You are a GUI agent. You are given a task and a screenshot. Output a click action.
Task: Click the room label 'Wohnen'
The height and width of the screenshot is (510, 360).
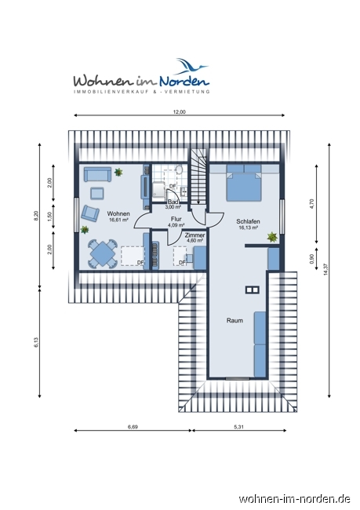(x=118, y=213)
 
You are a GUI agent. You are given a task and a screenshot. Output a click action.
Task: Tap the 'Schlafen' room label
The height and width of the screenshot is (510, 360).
(x=248, y=221)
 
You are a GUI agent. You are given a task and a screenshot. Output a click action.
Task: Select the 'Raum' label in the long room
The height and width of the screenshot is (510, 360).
(x=235, y=320)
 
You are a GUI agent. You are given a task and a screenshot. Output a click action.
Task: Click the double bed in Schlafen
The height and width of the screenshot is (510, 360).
(x=244, y=184)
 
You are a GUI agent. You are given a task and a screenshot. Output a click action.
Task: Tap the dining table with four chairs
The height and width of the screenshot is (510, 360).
(x=102, y=253)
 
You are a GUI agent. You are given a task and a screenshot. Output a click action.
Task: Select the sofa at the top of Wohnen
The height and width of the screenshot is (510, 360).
(x=98, y=174)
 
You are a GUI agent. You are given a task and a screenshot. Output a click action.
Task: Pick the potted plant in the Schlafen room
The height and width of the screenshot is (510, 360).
(x=272, y=235)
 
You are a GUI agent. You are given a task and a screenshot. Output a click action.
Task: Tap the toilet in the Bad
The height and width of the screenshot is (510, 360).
(x=180, y=170)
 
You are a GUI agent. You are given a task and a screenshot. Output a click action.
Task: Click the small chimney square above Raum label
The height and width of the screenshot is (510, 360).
(x=251, y=290)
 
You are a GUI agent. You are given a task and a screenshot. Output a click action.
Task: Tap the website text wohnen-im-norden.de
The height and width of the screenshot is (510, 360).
(x=295, y=498)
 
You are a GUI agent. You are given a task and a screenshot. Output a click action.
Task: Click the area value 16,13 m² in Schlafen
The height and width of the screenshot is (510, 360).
(x=248, y=228)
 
